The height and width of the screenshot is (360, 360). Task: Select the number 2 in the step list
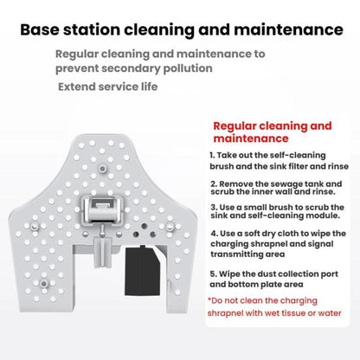click(212, 183)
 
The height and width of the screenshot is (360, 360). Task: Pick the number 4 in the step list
click(212, 234)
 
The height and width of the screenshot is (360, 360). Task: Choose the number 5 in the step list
click(212, 274)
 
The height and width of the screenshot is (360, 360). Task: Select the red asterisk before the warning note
click(210, 300)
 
